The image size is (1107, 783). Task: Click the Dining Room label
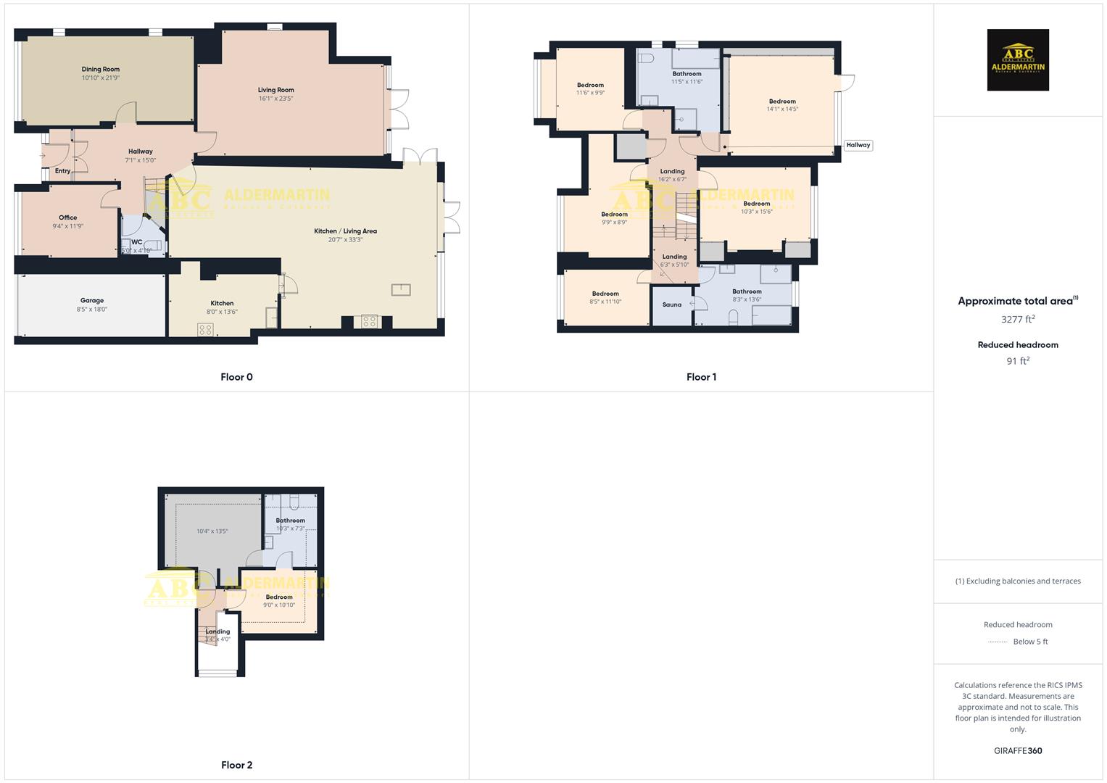click(101, 70)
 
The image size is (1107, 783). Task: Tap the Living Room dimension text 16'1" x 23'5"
click(275, 99)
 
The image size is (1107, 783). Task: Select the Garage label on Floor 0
click(92, 300)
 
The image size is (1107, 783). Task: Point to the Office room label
click(68, 217)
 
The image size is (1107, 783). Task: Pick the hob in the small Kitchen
click(205, 330)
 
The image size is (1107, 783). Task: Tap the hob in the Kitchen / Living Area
click(370, 321)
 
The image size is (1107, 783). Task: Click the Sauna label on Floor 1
click(672, 304)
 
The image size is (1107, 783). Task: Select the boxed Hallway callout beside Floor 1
click(858, 145)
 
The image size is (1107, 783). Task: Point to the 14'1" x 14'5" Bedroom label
click(782, 101)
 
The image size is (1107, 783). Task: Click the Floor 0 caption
click(236, 377)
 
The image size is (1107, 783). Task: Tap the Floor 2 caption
click(236, 765)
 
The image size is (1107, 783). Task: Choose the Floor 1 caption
click(701, 377)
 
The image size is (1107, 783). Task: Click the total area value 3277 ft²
click(1018, 319)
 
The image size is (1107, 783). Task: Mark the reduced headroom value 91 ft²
click(1018, 361)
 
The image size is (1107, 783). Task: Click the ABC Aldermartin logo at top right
click(1018, 60)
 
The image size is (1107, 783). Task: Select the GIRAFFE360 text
click(1018, 751)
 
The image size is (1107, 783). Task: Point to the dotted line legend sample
click(998, 642)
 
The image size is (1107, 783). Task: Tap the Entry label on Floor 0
click(63, 171)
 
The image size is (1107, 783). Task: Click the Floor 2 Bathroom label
click(290, 521)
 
